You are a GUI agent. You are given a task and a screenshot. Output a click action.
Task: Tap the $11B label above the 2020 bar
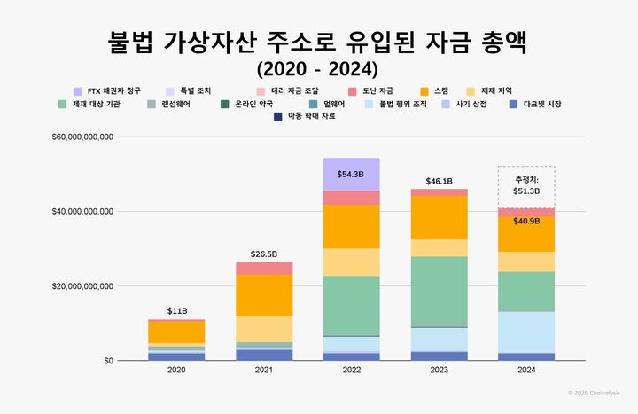coord(177,310)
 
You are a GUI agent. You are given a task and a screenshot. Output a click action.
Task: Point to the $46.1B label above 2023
coord(439,181)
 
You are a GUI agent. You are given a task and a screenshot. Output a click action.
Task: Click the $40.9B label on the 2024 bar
coord(525,221)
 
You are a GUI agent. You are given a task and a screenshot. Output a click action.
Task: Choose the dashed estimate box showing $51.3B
coord(525,186)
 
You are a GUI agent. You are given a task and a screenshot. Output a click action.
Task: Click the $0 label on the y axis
coord(108,361)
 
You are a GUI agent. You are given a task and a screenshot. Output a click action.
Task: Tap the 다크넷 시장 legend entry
coord(542,104)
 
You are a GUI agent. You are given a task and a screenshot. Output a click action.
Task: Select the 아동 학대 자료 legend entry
coord(315,117)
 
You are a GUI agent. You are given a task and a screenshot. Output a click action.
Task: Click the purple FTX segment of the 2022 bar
coord(351,174)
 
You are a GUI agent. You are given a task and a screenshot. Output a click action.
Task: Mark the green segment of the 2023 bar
coord(439,291)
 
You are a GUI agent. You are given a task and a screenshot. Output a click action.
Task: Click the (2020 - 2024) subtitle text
coord(318,67)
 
